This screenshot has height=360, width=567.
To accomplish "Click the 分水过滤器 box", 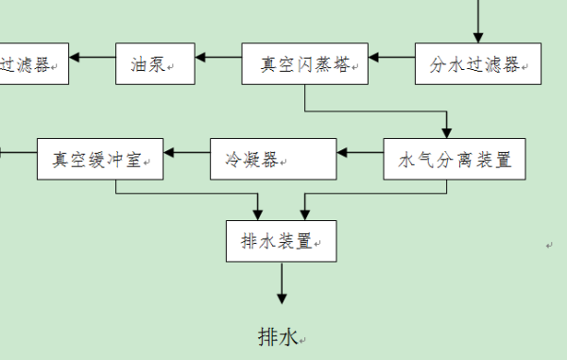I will pos(478,65).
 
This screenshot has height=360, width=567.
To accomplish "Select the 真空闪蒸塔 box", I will pos(304,65).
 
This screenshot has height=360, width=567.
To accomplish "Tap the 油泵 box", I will pos(155,65).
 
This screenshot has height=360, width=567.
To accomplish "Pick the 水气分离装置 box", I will pos(455,160).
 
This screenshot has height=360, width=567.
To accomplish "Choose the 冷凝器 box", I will pos(273,160).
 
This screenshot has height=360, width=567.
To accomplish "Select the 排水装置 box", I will pos(281,241).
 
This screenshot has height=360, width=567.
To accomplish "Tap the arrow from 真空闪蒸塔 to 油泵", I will pos(218,59).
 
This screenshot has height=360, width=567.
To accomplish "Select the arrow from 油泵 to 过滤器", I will pos(92,59).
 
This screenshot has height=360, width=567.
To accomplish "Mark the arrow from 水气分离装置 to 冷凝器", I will pos(360,151).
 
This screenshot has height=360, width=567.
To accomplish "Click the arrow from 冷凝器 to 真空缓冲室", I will pos(187,151).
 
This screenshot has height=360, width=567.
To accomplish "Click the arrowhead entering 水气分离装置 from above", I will pos(447,131).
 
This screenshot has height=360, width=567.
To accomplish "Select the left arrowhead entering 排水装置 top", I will pos(258,213).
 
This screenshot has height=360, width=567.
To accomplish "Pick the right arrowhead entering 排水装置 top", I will pos(303,213).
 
